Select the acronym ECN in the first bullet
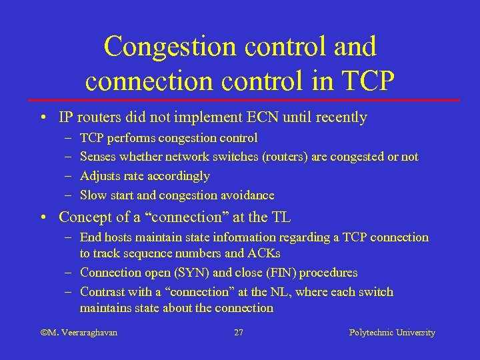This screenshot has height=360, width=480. [x=270, y=118]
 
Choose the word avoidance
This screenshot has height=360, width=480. [x=247, y=195]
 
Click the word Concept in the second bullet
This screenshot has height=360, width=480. [x=83, y=217]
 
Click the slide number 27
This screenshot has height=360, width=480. [x=239, y=332]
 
